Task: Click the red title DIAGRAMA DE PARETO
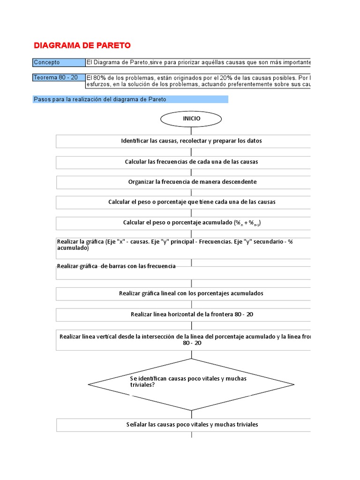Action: point(82,45)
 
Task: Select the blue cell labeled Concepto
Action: point(59,62)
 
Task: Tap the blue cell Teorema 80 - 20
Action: point(59,77)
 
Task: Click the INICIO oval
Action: point(191,119)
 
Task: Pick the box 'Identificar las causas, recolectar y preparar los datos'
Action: point(191,141)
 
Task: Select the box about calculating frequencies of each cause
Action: point(191,162)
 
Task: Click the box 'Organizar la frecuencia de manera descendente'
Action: point(191,182)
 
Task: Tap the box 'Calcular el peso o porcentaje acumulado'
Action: point(191,223)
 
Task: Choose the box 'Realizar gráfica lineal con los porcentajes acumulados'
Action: point(191,293)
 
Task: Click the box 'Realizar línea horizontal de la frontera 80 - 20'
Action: point(191,314)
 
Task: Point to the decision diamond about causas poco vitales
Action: point(191,384)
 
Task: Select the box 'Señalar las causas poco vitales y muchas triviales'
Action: point(191,425)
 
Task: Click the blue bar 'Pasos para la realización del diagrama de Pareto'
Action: point(131,99)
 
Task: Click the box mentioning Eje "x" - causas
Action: point(183,248)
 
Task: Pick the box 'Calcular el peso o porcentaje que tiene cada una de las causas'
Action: point(191,202)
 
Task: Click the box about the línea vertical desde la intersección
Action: point(185,340)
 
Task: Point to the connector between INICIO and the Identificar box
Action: point(191,131)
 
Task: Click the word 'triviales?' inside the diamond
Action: point(142,385)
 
